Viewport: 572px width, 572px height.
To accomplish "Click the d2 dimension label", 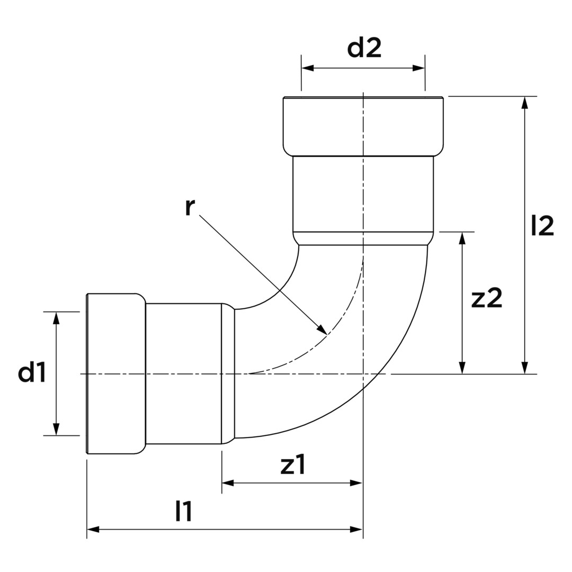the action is pyautogui.click(x=364, y=48).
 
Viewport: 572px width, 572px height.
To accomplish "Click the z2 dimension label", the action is pyautogui.click(x=487, y=298).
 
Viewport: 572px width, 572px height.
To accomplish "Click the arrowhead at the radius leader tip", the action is pyautogui.click(x=321, y=329).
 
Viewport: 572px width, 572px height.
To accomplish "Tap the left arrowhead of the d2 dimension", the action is pyautogui.click(x=308, y=68).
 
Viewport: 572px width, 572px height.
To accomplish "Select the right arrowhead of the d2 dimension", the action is pyautogui.click(x=419, y=68).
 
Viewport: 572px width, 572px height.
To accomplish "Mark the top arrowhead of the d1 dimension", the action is pyautogui.click(x=56, y=318).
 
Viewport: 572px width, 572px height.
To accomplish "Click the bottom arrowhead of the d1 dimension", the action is pyautogui.click(x=56, y=429).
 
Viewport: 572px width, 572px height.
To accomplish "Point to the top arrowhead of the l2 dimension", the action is pyautogui.click(x=524, y=103).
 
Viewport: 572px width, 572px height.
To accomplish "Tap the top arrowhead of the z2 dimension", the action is pyautogui.click(x=462, y=238).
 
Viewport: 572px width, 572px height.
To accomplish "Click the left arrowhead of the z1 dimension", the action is pyautogui.click(x=228, y=483).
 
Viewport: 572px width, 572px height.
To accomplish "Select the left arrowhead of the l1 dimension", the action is pyautogui.click(x=93, y=529).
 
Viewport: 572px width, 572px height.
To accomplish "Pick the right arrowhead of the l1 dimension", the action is pyautogui.click(x=356, y=529).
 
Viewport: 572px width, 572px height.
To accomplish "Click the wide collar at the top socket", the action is pyautogui.click(x=363, y=126).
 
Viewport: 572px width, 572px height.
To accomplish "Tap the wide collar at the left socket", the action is pyautogui.click(x=116, y=373).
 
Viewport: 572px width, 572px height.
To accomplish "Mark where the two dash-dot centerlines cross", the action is pyautogui.click(x=363, y=374).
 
